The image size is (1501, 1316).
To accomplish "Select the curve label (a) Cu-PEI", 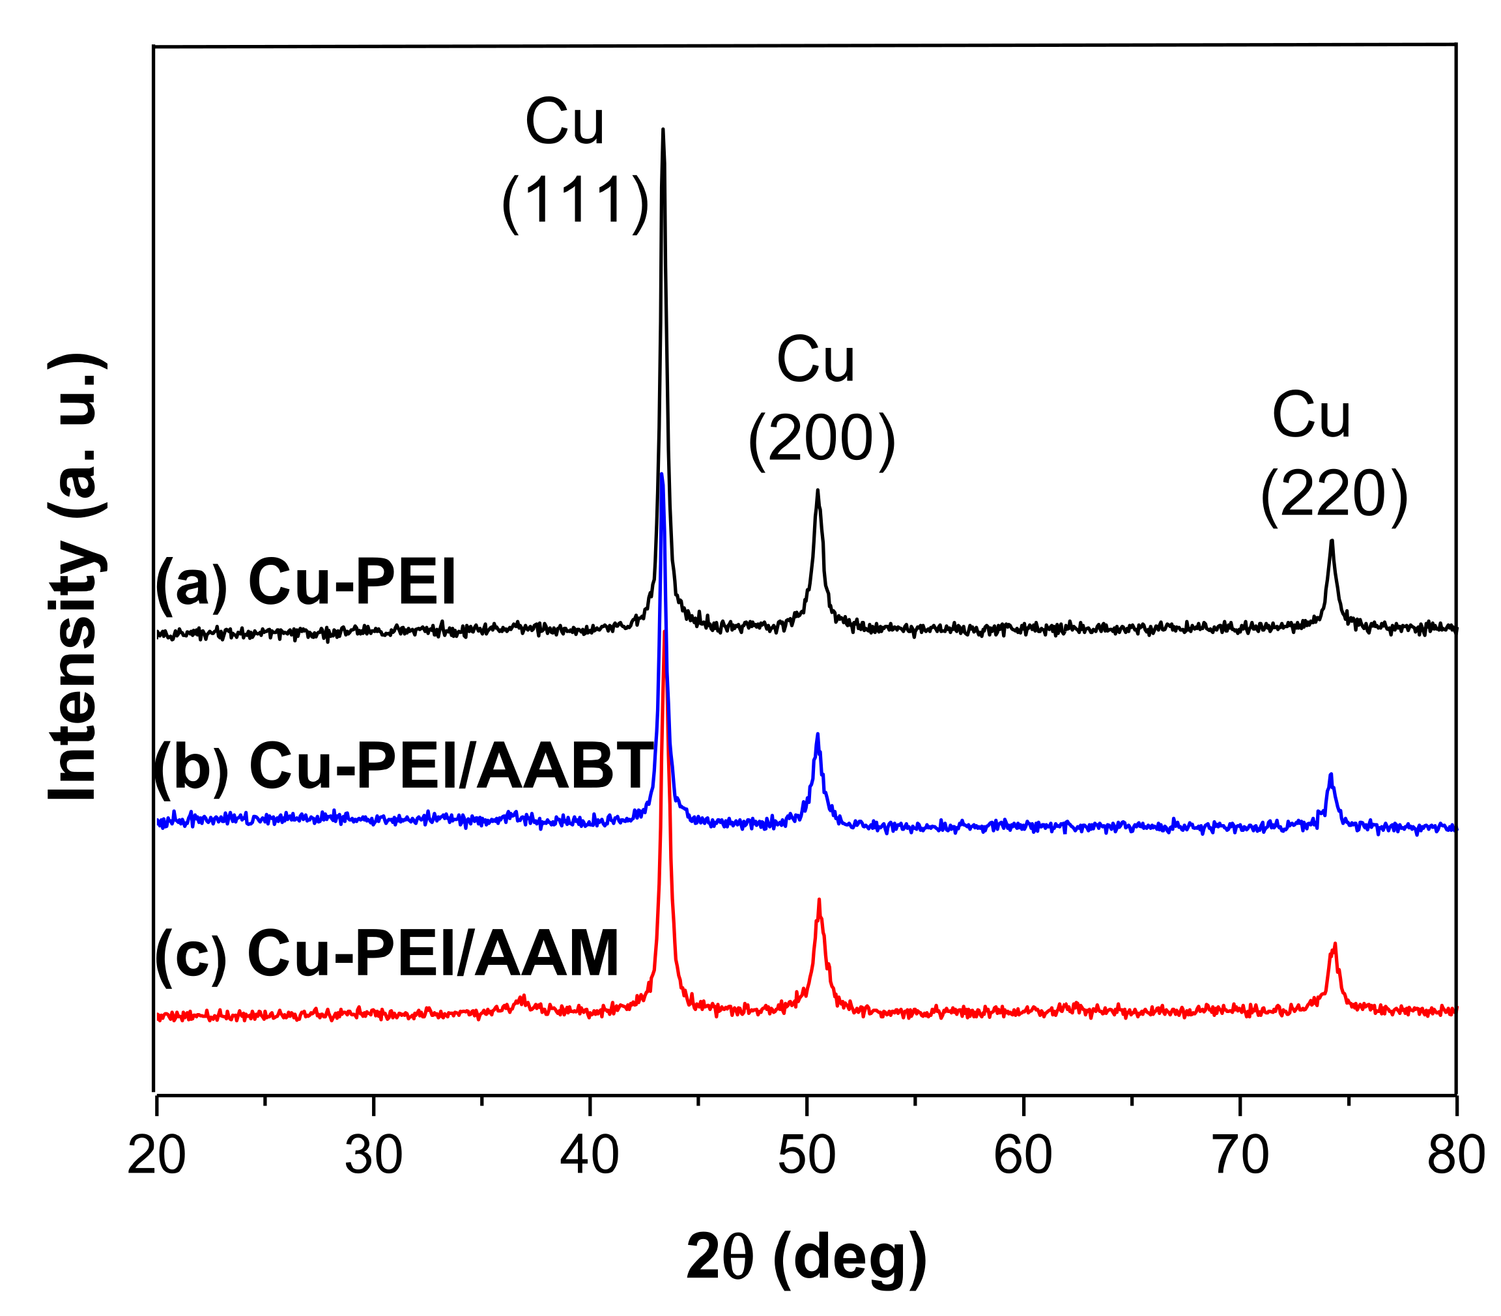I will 306,582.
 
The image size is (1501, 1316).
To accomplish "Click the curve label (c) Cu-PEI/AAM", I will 387,953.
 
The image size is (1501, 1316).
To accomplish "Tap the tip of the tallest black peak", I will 663,130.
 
